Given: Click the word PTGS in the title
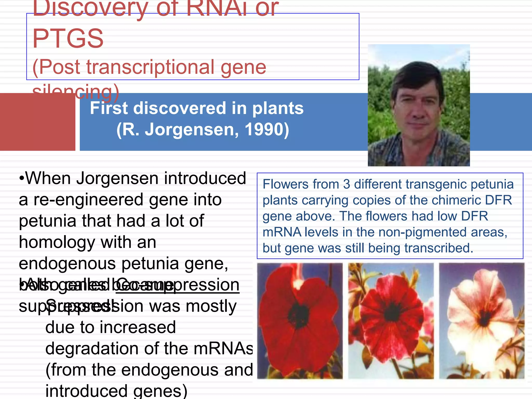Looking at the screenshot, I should (68, 39).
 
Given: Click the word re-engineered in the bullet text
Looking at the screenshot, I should (88, 200).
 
